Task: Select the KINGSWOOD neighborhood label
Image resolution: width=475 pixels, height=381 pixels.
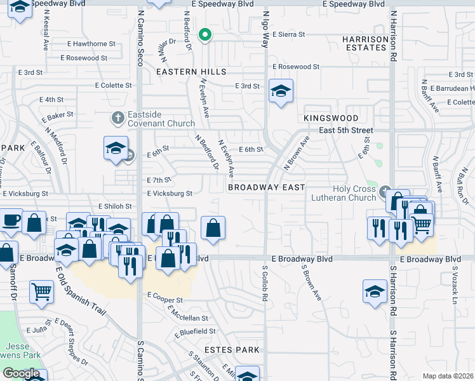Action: click(331, 118)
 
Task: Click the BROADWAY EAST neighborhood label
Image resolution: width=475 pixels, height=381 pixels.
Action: click(267, 187)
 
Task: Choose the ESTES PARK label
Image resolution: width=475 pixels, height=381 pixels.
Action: click(232, 350)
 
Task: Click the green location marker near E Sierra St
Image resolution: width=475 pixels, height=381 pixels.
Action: click(205, 35)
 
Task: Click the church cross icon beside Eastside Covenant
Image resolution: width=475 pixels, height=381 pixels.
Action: click(117, 117)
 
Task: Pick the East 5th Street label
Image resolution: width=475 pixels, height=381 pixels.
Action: click(346, 130)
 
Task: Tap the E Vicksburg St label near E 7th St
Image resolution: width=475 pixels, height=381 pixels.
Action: click(170, 193)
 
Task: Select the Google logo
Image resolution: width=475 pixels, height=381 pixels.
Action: click(21, 373)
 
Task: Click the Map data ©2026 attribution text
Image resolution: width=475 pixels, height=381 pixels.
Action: click(448, 376)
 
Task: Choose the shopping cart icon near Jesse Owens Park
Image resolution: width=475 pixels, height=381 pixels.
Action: click(41, 292)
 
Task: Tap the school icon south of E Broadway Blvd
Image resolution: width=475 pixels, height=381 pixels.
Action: click(375, 291)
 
